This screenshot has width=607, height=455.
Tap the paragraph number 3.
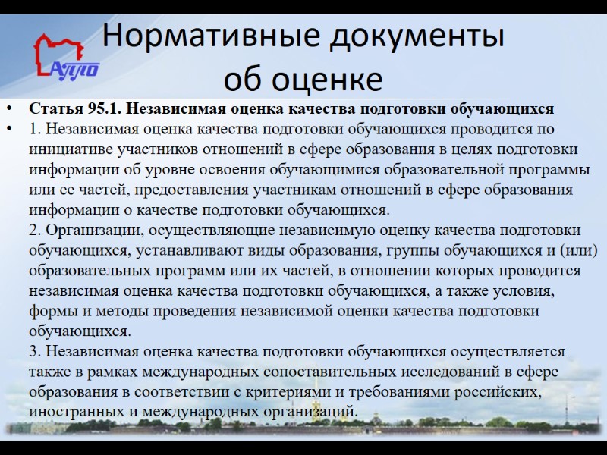tap(34, 353)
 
